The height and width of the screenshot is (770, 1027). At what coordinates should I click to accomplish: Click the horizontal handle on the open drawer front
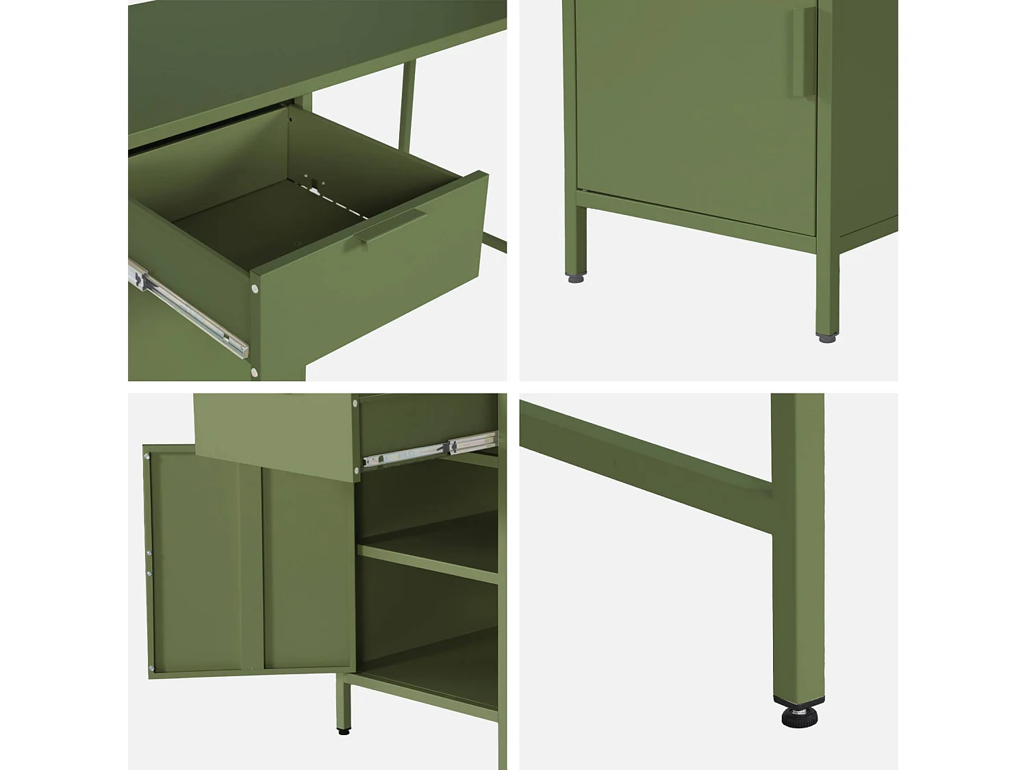pos(390,226)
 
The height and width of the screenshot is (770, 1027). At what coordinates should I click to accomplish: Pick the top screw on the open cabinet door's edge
pos(147,455)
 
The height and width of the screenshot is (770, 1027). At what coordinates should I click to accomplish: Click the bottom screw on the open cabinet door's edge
pos(151,668)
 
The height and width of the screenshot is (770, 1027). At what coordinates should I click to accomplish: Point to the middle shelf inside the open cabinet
pos(428,561)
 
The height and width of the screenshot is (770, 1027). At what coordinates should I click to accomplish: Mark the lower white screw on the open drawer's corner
pos(255,372)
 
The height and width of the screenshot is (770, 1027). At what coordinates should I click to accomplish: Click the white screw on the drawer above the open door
pos(356,470)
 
